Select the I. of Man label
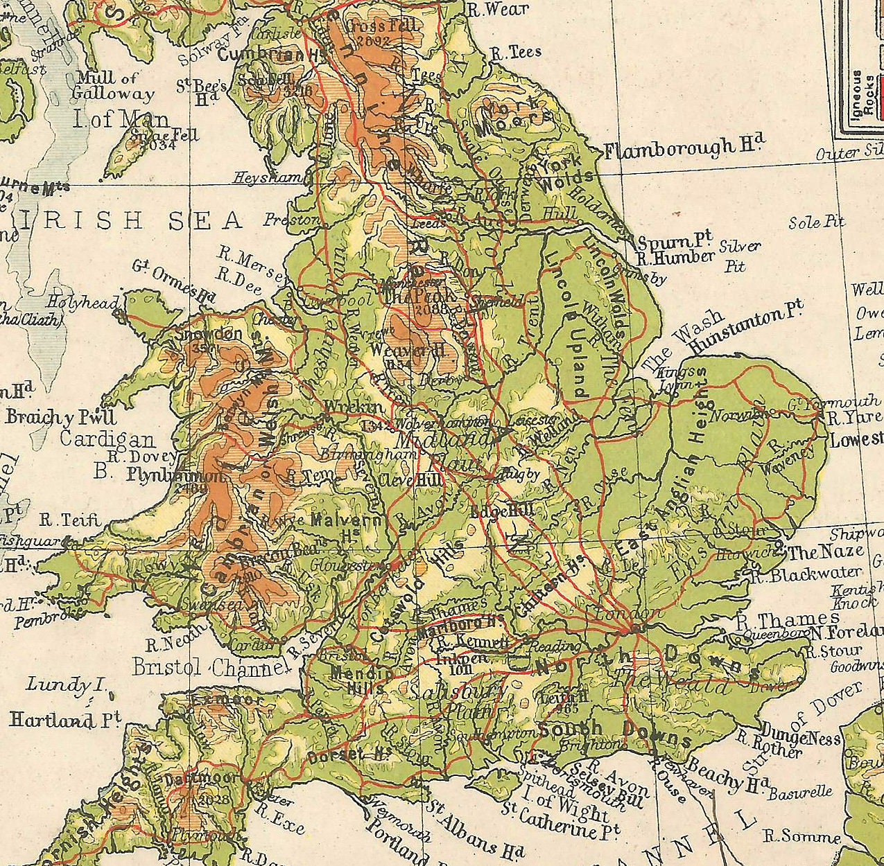point(121,118)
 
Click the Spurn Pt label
point(675,242)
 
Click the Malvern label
point(346,520)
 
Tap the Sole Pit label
point(817,222)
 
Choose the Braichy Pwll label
point(61,417)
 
